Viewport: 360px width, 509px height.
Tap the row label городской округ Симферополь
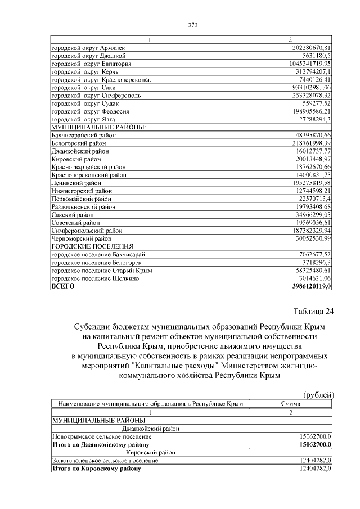click(x=96, y=96)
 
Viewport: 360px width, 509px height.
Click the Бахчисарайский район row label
click(x=84, y=136)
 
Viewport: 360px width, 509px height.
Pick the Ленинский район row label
click(x=76, y=183)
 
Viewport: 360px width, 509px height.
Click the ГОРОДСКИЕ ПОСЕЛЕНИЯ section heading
click(x=93, y=246)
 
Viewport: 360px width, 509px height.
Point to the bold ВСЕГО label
click(x=63, y=286)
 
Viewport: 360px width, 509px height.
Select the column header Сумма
click(x=291, y=404)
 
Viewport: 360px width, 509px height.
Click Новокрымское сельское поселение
click(x=101, y=436)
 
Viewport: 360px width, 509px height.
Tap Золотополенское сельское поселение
click(x=105, y=460)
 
